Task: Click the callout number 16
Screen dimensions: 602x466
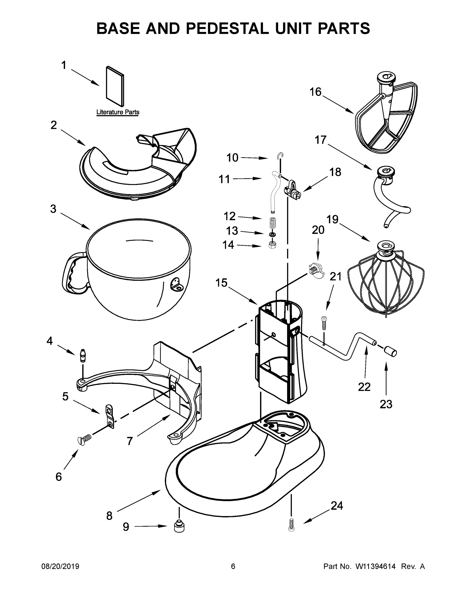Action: click(x=316, y=92)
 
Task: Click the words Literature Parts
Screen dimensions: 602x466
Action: click(x=118, y=112)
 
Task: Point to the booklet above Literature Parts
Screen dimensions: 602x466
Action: click(x=115, y=86)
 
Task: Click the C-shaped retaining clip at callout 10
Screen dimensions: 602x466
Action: click(x=281, y=156)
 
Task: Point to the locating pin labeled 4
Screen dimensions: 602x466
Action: click(x=83, y=355)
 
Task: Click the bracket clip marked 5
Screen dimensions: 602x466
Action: click(x=110, y=417)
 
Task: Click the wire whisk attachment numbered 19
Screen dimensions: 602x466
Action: click(x=386, y=281)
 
